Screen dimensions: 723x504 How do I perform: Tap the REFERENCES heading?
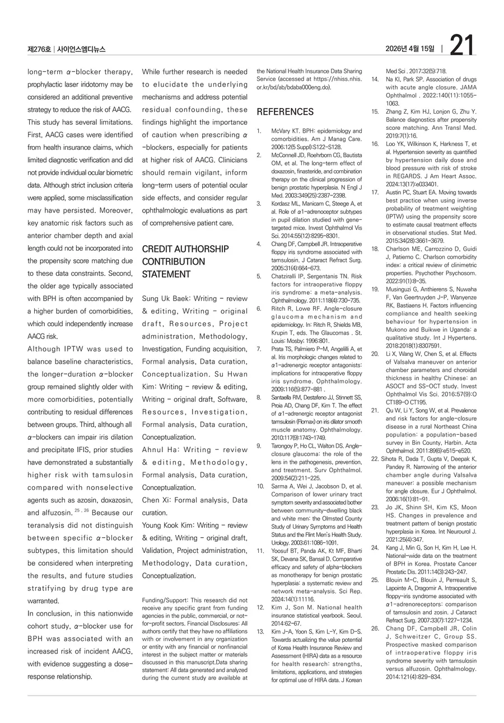[285, 112]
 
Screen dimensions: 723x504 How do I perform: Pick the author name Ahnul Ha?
[158, 449]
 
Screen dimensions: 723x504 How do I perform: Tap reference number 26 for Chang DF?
[375, 628]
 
